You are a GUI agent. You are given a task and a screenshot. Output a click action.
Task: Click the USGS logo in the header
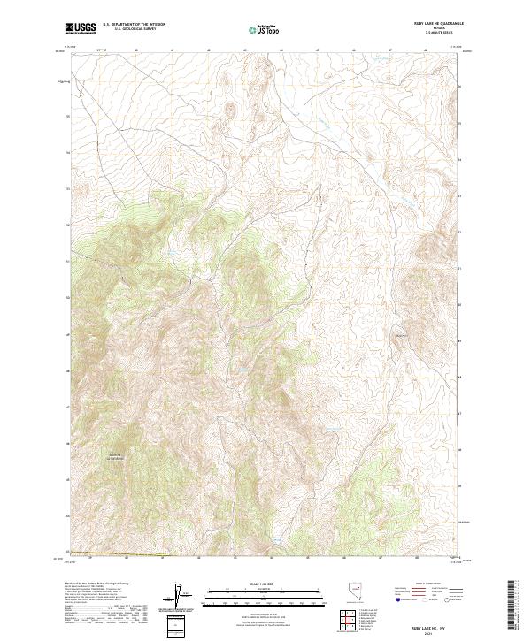click(81, 29)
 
